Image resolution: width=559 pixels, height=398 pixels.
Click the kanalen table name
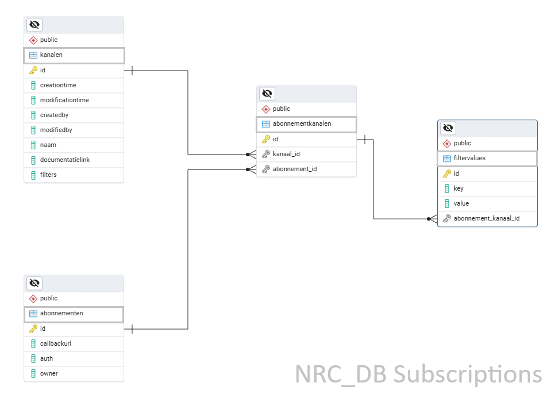(51, 55)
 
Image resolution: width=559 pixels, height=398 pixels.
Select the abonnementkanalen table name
(302, 124)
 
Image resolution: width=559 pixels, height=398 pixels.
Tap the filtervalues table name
(469, 159)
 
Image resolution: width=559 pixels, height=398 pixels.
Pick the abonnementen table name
(61, 314)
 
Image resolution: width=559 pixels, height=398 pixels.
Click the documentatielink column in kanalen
(64, 160)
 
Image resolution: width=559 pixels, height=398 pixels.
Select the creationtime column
(58, 85)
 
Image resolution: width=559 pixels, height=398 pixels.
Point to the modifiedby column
(56, 130)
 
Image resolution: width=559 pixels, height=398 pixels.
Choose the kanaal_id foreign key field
(286, 154)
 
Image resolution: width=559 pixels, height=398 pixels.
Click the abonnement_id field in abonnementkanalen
(294, 169)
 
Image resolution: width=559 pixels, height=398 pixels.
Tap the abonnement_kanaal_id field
(486, 218)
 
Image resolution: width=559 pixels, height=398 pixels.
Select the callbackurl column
(55, 343)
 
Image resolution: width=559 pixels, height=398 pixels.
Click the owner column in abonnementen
(49, 373)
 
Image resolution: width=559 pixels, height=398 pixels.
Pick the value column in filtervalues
(461, 203)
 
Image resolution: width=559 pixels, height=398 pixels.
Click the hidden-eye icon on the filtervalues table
(448, 128)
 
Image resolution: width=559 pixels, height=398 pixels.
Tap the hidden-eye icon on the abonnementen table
(34, 283)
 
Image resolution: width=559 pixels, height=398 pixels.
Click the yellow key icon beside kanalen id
(33, 70)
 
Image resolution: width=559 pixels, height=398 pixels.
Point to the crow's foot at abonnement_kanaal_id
(432, 219)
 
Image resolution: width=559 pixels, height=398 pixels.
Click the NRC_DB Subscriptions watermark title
(418, 374)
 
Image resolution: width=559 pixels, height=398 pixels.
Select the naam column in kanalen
(48, 145)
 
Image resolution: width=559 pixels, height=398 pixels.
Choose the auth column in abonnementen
(47, 358)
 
